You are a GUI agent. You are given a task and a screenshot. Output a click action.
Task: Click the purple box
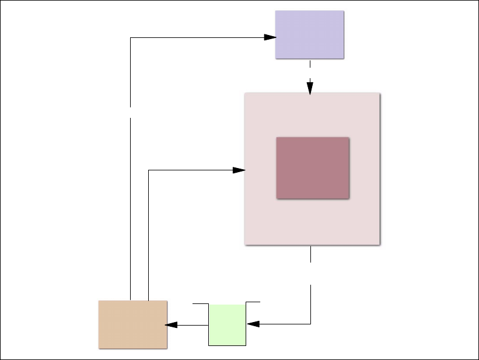[x=309, y=34]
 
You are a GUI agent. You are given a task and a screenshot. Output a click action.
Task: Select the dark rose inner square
[x=313, y=168]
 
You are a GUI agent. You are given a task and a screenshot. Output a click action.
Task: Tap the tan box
[x=133, y=324]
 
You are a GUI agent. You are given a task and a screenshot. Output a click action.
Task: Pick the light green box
[x=228, y=324]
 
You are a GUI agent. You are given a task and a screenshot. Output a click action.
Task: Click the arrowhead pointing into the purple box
[x=270, y=38]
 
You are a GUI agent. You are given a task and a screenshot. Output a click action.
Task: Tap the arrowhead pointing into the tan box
[x=172, y=324]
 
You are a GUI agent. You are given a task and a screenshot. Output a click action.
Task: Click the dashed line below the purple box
[x=310, y=69]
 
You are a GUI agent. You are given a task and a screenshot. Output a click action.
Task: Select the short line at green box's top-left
[x=200, y=304]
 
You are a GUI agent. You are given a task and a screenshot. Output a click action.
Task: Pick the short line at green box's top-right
[x=253, y=302]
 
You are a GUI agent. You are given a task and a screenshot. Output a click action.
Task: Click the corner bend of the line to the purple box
[x=130, y=38]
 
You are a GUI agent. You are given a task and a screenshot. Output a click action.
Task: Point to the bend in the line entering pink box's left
[x=149, y=170]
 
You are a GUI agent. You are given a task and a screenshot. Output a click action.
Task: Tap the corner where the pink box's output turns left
[x=310, y=323]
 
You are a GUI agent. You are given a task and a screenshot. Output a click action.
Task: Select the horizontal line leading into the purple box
[x=198, y=38]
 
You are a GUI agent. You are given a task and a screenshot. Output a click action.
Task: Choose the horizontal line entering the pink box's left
[x=193, y=170]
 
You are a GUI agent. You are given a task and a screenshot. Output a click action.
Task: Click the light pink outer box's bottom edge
[x=312, y=244]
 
